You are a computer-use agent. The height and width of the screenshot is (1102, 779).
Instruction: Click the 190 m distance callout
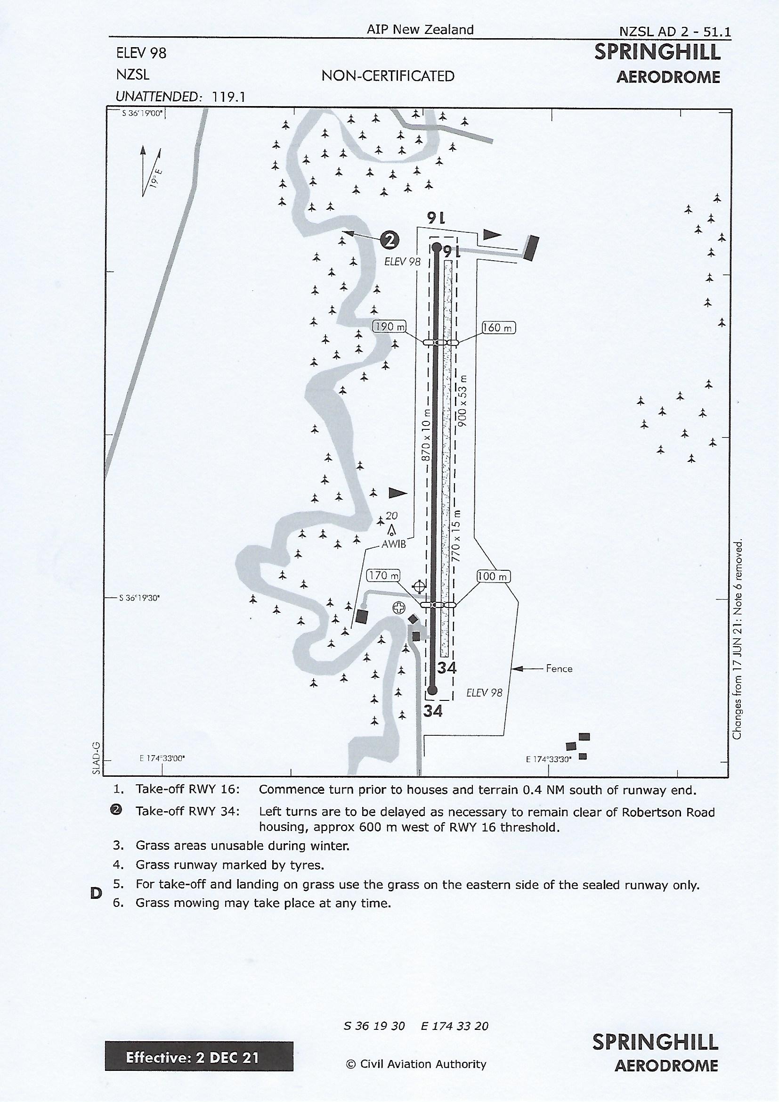[x=389, y=327]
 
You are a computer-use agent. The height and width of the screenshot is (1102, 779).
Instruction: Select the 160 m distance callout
[x=498, y=328]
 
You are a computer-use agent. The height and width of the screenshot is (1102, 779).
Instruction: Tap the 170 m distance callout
[x=383, y=575]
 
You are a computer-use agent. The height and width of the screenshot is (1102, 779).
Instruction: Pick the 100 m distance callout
[x=494, y=576]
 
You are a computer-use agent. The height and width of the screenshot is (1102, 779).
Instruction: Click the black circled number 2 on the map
[x=390, y=239]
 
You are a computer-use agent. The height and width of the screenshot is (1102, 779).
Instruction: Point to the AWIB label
[x=394, y=545]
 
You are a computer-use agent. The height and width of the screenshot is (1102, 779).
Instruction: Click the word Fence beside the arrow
[x=559, y=668]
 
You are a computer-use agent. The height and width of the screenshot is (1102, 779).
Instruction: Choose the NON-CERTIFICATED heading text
[x=388, y=76]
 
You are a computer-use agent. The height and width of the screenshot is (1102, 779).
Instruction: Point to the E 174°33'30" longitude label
[x=549, y=759]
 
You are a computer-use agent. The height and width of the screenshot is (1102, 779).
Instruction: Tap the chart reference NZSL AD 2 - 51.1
[x=675, y=32]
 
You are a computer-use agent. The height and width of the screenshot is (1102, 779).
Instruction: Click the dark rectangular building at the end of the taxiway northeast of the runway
[x=530, y=248]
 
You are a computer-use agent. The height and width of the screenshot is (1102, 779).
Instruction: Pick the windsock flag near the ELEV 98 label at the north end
[x=492, y=235]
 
